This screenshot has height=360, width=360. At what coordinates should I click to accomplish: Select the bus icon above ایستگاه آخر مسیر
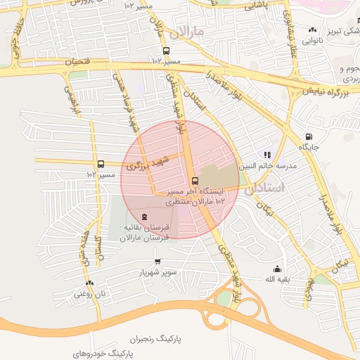(x=195, y=181)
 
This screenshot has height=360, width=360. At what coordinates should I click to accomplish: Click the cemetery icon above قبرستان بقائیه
(x=144, y=217)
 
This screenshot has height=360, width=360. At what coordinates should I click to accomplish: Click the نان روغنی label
(x=89, y=294)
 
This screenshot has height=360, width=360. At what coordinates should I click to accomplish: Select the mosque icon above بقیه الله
(x=277, y=268)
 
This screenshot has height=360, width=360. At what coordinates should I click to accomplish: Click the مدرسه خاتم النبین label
(x=268, y=166)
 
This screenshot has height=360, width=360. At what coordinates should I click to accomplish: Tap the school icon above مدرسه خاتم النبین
(x=267, y=155)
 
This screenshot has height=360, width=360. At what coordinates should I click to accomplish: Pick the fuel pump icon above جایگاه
(x=307, y=136)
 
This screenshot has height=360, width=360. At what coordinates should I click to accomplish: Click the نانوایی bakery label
(x=312, y=41)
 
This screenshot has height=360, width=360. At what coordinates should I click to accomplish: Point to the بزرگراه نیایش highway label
(x=326, y=91)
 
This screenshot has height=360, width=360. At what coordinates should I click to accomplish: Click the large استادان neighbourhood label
(x=265, y=188)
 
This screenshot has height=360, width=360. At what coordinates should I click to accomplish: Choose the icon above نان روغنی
(x=78, y=283)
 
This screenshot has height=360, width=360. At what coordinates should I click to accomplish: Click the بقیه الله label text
(x=278, y=279)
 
